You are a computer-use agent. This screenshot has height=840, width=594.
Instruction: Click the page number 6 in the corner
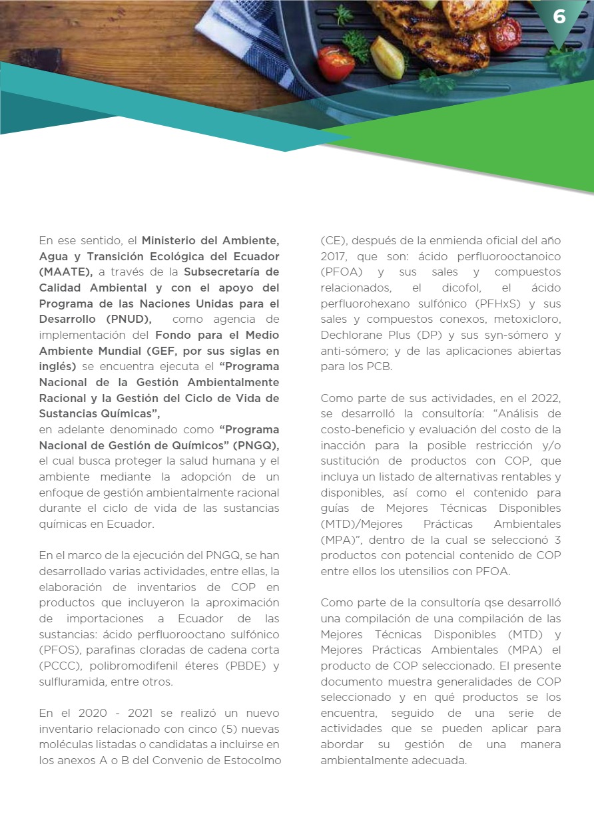(x=559, y=17)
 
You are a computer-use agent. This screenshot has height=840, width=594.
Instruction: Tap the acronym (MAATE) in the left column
(x=66, y=272)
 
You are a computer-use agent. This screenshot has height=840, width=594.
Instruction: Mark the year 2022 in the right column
(x=545, y=398)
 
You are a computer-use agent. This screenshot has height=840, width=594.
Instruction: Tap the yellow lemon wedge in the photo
(x=388, y=57)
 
